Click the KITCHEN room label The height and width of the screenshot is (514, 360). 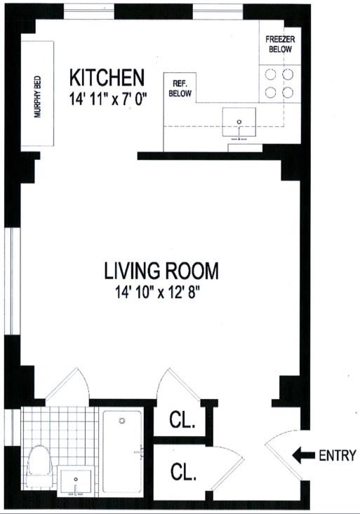coord(107,78)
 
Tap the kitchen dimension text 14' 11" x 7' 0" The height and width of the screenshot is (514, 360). coord(107,98)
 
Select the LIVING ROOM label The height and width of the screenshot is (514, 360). coord(161,271)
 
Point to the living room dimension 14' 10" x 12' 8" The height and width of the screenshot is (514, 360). coord(157,292)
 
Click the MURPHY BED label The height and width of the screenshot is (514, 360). coord(37,97)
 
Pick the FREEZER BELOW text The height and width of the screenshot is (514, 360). coord(280,44)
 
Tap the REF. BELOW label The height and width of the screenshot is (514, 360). coord(180,88)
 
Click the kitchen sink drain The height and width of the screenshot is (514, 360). coord(239,122)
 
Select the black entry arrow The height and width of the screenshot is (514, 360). coord(303,455)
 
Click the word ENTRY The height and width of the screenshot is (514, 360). coord(338,455)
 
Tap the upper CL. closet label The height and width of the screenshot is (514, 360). coord(182,420)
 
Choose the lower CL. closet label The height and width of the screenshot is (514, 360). coord(183,472)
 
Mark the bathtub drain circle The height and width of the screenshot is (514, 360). coord(122,421)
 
